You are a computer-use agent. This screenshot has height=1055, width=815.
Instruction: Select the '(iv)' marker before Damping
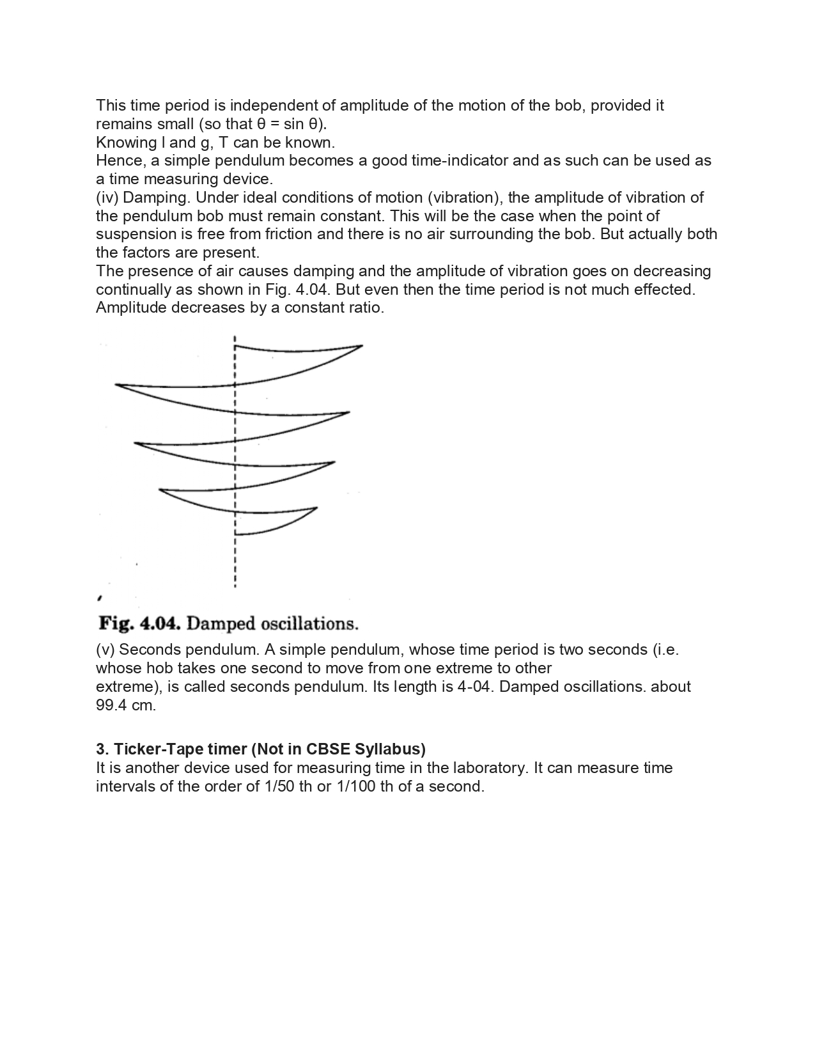tap(107, 198)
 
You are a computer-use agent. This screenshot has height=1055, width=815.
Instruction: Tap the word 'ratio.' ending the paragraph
tap(365, 308)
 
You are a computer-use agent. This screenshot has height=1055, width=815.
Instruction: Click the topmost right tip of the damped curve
tap(362, 346)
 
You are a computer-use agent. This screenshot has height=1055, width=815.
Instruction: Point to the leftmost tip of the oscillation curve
tap(116, 384)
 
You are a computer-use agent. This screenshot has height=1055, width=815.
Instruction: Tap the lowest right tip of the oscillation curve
tap(316, 508)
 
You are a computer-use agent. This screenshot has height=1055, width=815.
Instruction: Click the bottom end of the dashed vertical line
tap(235, 586)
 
